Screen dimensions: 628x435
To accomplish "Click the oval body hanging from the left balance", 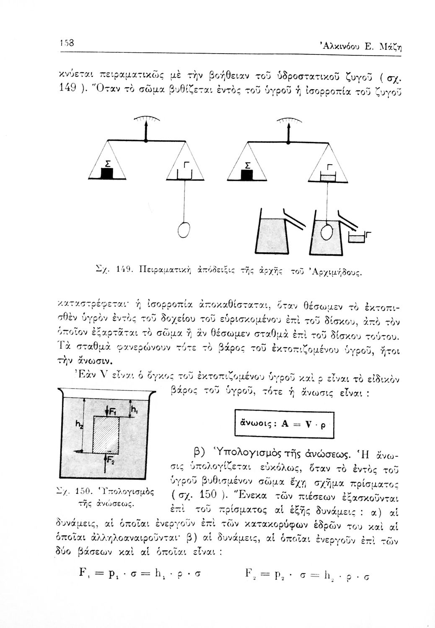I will [184, 229].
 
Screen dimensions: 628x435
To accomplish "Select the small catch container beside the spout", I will [357, 239].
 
